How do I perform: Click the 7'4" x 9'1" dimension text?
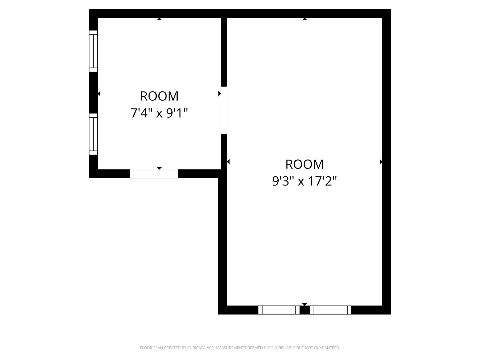[x=159, y=113]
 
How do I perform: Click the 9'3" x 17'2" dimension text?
[x=304, y=181]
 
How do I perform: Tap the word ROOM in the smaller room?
[x=159, y=96]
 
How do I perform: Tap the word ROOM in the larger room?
[x=304, y=164]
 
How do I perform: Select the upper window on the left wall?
[x=93, y=51]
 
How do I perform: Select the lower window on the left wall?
[x=93, y=134]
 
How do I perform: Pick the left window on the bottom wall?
[x=279, y=310]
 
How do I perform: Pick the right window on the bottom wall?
[x=331, y=310]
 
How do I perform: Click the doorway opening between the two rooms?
[x=224, y=110]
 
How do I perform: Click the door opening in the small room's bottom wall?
[x=154, y=174]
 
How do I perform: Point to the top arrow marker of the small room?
[x=159, y=19]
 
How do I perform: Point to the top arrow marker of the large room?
[x=304, y=19]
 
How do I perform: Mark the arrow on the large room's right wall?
[x=381, y=162]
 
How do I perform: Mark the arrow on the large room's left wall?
[x=228, y=162]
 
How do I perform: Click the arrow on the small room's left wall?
[x=99, y=94]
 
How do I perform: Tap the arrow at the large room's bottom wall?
[x=304, y=304]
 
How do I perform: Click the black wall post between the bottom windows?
[x=305, y=310]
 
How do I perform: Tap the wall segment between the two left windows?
[x=93, y=92]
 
